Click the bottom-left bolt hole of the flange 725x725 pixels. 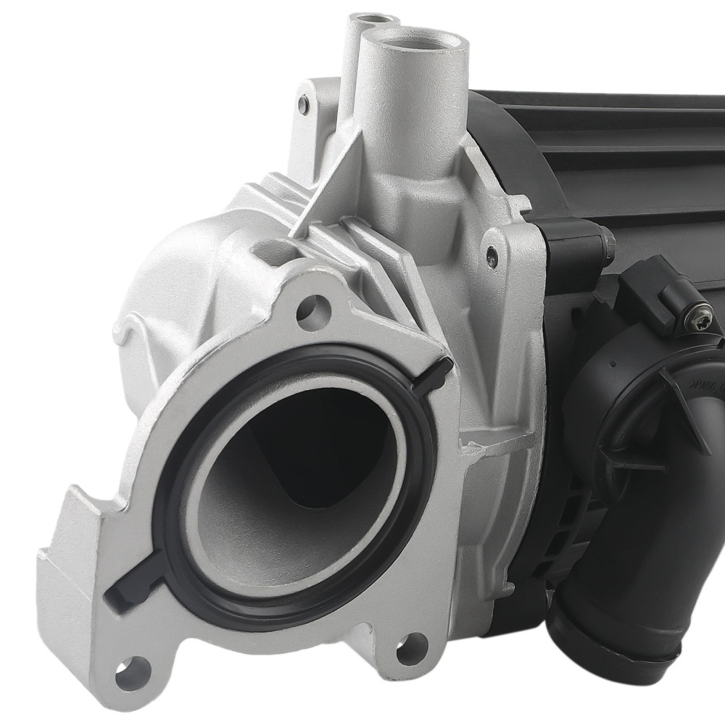coord(133,674)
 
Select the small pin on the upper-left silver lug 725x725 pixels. coord(303,106)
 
